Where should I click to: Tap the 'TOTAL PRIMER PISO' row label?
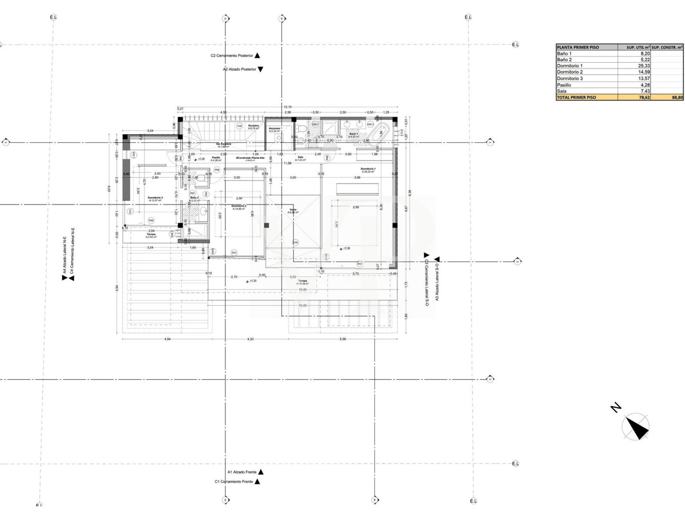(x=577, y=98)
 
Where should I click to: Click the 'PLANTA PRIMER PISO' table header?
(x=578, y=47)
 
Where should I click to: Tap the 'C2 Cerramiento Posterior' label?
(x=232, y=56)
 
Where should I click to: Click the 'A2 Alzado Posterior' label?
(x=239, y=69)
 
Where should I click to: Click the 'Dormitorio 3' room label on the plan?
(x=155, y=198)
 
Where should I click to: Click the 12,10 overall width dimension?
(x=288, y=107)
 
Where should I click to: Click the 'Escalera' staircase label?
(x=253, y=126)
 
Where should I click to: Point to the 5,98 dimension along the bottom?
(x=342, y=340)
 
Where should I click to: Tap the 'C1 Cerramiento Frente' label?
(x=233, y=482)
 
